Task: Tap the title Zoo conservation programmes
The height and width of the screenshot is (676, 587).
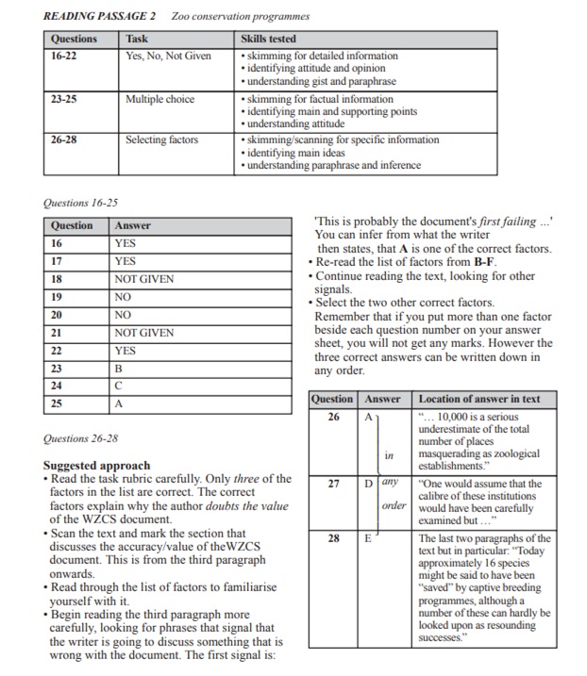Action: pos(241,16)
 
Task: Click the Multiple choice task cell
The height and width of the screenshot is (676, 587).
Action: pos(159,99)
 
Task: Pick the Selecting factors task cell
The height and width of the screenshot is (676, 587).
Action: pos(161,140)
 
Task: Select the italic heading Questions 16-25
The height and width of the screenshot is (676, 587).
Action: pos(80,203)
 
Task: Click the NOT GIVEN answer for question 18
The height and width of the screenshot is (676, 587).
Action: pos(144,279)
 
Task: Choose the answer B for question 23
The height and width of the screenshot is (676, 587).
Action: pos(119,369)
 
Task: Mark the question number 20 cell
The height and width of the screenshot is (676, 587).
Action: pos(56,315)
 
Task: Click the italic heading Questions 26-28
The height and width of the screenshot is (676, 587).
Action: pos(80,438)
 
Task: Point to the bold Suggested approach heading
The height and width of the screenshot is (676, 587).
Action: pos(96,465)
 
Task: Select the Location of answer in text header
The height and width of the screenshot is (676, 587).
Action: pos(478,399)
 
